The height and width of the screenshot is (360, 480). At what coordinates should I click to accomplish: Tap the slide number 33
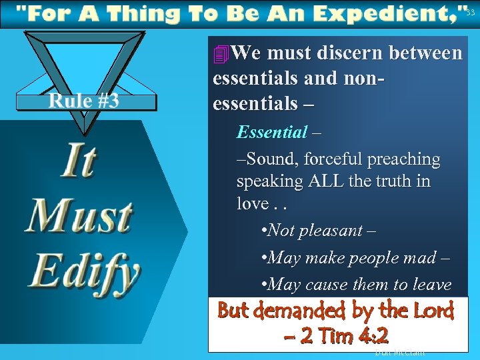click(471, 12)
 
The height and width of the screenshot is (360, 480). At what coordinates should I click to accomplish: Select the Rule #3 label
click(84, 101)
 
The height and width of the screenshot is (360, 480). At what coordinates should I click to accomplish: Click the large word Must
click(78, 217)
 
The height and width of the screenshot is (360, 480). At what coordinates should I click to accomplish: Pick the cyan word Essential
click(271, 132)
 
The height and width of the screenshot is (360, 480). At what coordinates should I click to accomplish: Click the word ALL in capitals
click(325, 181)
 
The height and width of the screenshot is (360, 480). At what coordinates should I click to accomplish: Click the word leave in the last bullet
click(429, 285)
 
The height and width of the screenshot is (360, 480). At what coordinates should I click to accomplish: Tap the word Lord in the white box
click(430, 311)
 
